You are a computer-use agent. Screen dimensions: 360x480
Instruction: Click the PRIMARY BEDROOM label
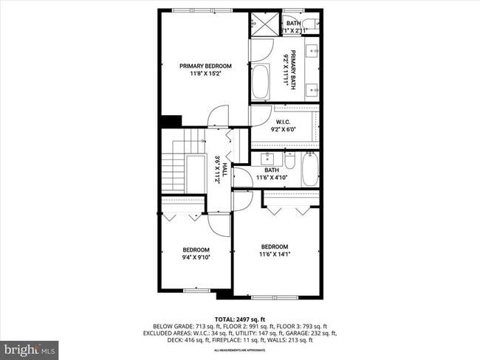point(205,66)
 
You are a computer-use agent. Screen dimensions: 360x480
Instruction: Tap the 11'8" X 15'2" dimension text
point(205,73)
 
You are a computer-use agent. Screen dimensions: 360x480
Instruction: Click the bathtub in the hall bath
point(309,169)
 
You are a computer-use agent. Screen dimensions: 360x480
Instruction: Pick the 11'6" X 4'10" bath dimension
point(276,177)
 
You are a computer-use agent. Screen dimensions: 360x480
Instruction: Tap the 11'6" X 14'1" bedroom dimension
point(274,255)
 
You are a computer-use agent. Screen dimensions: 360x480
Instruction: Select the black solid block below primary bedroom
point(171,122)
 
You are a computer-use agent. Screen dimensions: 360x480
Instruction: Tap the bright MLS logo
point(30,347)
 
